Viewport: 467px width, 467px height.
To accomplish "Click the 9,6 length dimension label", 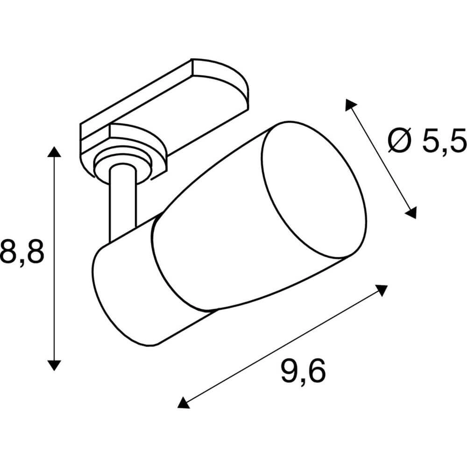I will point(303,372).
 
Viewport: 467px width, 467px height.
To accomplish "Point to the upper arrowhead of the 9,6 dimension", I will point(382,290).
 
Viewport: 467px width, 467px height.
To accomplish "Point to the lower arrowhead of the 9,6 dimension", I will point(184,402).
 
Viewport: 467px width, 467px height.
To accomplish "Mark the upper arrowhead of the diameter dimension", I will point(351,105).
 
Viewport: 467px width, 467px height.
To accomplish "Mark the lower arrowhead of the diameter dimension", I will point(410,212).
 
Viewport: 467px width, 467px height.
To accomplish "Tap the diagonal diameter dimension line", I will point(381,159).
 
